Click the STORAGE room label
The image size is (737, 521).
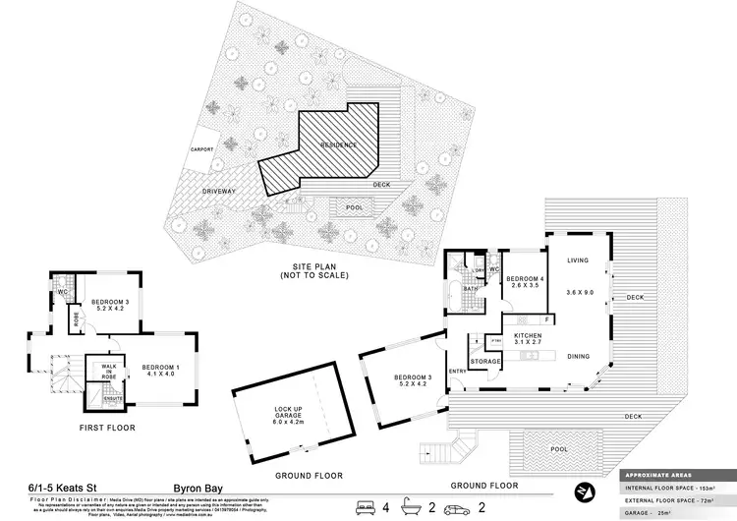[x=485, y=362]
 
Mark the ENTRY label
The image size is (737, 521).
[x=457, y=371]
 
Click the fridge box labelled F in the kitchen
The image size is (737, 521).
[x=546, y=319]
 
